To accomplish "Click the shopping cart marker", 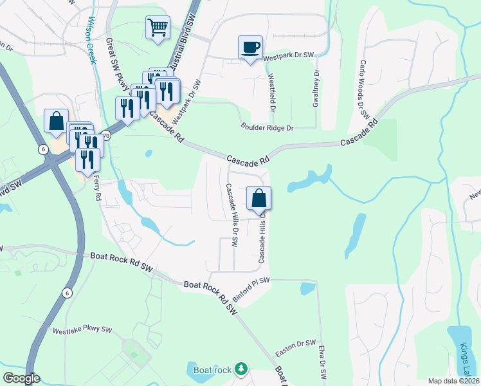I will (x=158, y=28).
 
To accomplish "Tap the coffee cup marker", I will (x=250, y=48).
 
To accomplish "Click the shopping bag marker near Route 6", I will (x=56, y=121).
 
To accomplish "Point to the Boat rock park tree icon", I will (x=240, y=369).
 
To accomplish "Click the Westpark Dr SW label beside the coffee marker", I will (x=288, y=56).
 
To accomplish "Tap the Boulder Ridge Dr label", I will (x=267, y=128).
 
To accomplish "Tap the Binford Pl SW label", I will (x=250, y=286).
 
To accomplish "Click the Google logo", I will (x=21, y=378).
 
